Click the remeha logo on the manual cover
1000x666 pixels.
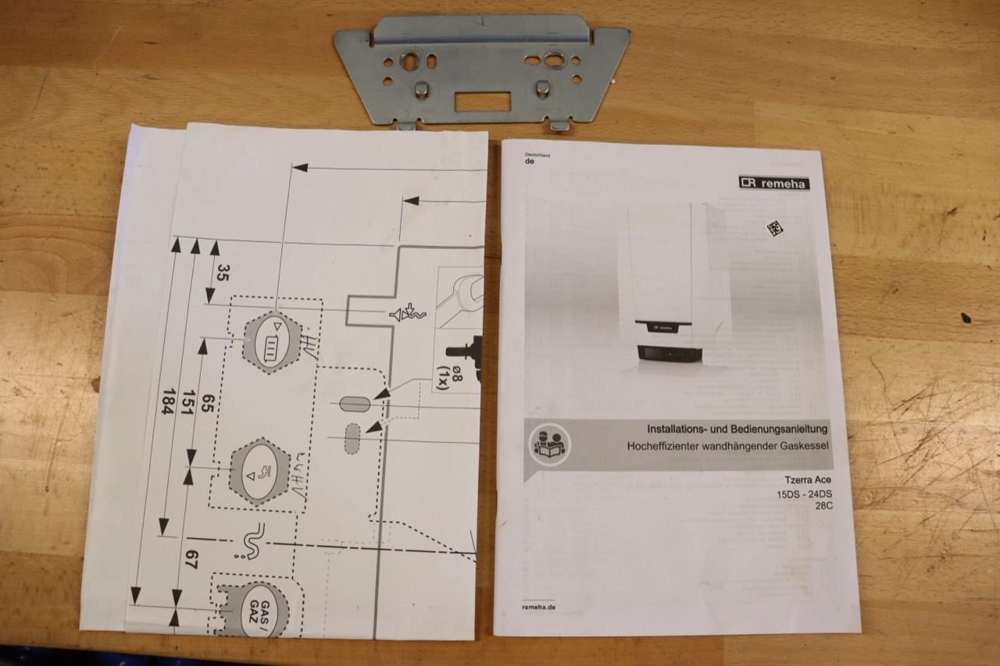click(x=774, y=183)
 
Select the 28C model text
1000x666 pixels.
click(x=823, y=506)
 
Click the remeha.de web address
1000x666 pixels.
click(x=539, y=607)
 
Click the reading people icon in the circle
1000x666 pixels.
click(x=549, y=444)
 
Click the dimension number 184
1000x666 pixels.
click(x=168, y=401)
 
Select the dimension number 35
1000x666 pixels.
click(x=223, y=273)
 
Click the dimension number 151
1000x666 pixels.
click(x=189, y=402)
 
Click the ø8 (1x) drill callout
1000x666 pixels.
click(x=448, y=377)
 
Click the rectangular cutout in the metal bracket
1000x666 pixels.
click(x=483, y=102)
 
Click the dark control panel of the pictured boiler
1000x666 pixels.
click(x=670, y=353)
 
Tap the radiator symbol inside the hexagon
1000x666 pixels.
click(x=270, y=348)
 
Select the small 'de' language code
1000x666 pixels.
click(x=530, y=162)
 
